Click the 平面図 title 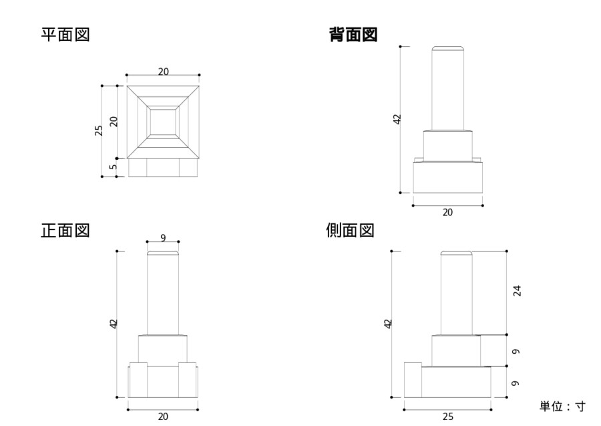(x=65, y=35)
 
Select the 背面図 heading (x=353, y=35)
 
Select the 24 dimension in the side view (x=516, y=290)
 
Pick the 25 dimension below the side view (x=448, y=417)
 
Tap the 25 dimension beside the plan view (x=98, y=130)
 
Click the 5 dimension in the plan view (x=113, y=167)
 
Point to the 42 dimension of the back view (x=397, y=119)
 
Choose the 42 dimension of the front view (x=114, y=324)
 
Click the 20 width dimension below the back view (x=447, y=213)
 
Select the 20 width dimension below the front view (x=163, y=417)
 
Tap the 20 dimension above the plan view (x=163, y=72)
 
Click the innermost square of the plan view (x=163, y=122)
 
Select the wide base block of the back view (x=447, y=177)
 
